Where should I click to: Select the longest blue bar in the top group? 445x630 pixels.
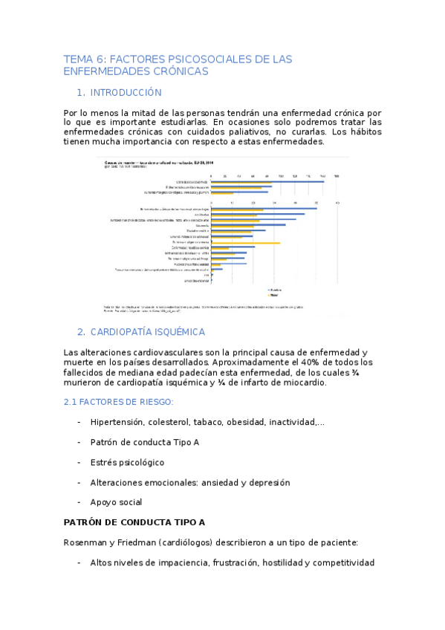[267, 181]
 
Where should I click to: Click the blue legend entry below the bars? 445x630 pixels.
[274, 289]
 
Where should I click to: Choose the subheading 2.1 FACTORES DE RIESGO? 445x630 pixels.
[119, 401]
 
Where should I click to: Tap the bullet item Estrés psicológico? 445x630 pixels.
[127, 462]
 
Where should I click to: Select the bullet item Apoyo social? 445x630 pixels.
[116, 502]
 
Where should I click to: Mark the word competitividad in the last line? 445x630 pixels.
[340, 562]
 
